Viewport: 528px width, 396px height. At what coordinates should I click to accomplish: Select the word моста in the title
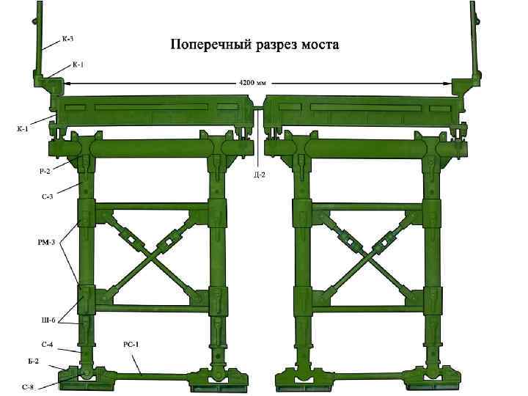coord(320,45)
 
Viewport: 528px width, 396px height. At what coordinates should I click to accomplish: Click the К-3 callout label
coord(67,38)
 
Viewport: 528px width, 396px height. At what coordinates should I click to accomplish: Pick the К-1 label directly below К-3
coord(78,65)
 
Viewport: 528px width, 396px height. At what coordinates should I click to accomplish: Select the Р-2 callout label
coord(45,172)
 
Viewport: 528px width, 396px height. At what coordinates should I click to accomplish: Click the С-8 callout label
coord(29,386)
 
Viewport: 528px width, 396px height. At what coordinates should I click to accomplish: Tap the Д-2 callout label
coord(260,175)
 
